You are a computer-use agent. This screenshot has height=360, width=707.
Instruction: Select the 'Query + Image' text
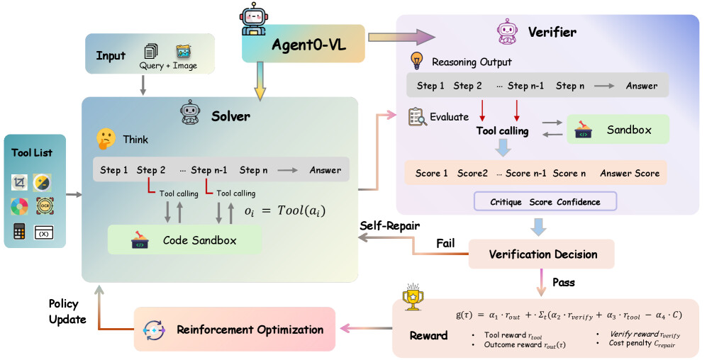(168, 66)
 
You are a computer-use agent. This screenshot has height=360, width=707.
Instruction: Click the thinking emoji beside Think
(106, 139)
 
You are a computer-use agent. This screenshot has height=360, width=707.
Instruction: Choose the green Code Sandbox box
(184, 240)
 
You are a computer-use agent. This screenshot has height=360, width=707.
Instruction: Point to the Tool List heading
(32, 152)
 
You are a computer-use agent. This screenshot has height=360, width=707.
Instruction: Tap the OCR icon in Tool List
(44, 207)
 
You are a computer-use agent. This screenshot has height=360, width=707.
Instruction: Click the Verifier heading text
(552, 32)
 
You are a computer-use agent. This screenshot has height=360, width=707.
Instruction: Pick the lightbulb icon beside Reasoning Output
(418, 61)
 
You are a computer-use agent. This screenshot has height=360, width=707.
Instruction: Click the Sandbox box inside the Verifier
(618, 130)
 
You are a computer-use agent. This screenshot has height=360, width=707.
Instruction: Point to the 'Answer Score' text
(630, 173)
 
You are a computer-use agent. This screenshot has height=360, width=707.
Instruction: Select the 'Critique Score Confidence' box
(545, 202)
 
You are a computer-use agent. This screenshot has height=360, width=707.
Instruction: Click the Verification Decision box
(542, 254)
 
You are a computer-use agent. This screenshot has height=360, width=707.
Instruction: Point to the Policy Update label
(68, 311)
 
